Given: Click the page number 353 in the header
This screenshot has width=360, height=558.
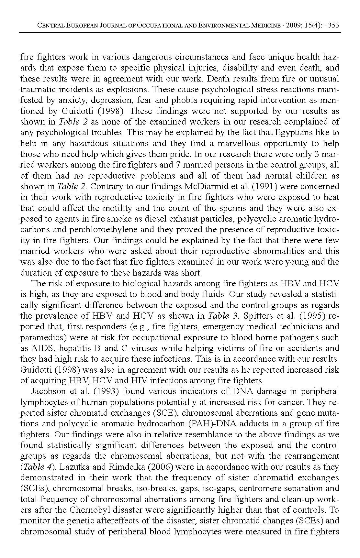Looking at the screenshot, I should coord(333,26).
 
